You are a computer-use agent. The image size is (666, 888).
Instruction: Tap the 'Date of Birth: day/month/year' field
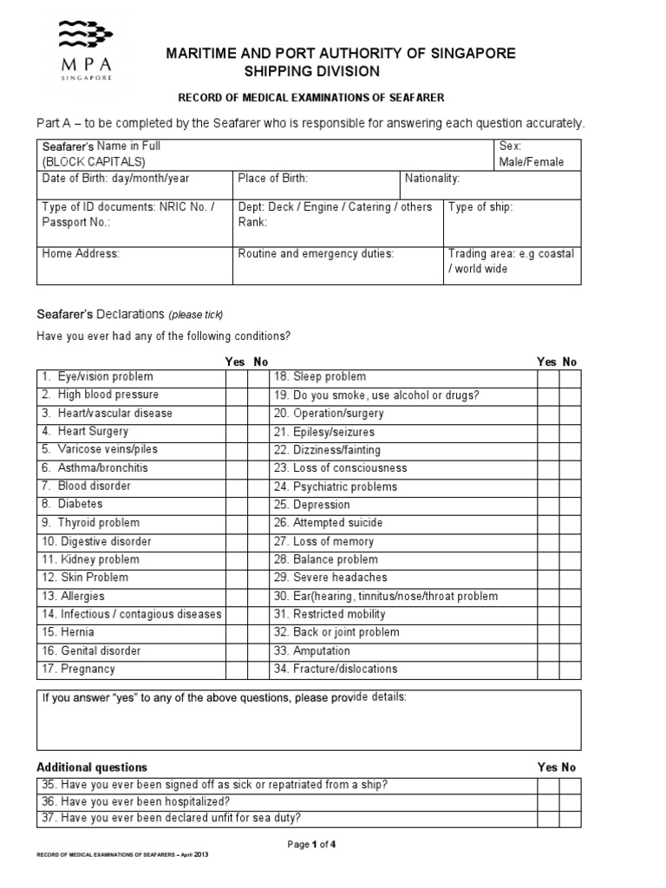point(135,186)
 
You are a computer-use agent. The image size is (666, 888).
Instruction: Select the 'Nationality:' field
point(490,186)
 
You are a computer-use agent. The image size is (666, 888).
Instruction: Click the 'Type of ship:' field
point(512,222)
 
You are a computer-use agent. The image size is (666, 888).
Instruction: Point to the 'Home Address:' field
point(135,265)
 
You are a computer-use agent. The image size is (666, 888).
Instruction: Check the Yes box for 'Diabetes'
point(236,505)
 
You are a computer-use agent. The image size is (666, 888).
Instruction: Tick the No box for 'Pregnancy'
point(257,669)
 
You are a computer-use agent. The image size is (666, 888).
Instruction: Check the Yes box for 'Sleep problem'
point(547,377)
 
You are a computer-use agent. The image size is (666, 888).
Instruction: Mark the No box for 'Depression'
point(569,505)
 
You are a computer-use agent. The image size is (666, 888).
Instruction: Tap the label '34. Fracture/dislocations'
point(335,669)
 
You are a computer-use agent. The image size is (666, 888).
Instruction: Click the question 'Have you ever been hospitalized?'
point(135,802)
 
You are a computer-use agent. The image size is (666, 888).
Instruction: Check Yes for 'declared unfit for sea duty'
point(547,819)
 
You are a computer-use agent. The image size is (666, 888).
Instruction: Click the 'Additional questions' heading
point(92,767)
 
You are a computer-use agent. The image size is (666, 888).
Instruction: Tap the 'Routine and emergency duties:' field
point(338,265)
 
